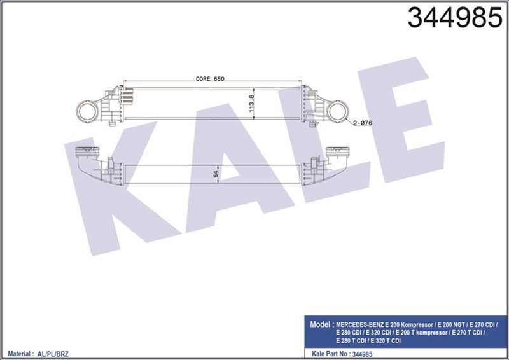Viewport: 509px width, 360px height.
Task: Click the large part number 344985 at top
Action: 454,19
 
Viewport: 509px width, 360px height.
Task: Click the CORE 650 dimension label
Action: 210,78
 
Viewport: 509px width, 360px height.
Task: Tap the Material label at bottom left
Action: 19,351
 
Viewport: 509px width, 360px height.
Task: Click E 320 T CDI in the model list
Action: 388,340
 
